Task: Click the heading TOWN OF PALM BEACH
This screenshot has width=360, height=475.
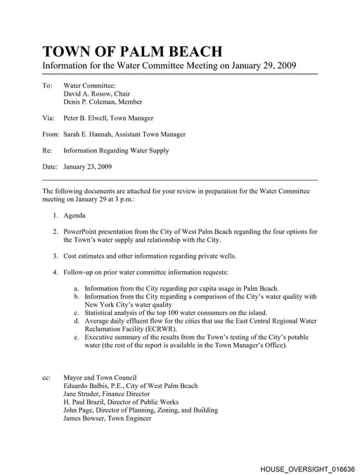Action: pyautogui.click(x=132, y=51)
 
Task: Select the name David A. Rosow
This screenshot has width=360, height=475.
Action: pyautogui.click(x=89, y=93)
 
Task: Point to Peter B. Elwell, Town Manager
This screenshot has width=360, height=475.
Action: pyautogui.click(x=108, y=118)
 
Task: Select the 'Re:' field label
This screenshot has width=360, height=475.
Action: pyautogui.click(x=47, y=150)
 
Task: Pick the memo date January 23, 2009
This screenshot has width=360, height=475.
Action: pyautogui.click(x=87, y=167)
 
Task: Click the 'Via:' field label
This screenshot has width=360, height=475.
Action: pyautogui.click(x=48, y=118)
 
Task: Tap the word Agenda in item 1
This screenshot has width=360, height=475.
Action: pyautogui.click(x=75, y=215)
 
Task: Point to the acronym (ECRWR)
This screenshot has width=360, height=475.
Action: pyautogui.click(x=160, y=329)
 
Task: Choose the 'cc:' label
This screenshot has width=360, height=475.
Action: pyautogui.click(x=46, y=377)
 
